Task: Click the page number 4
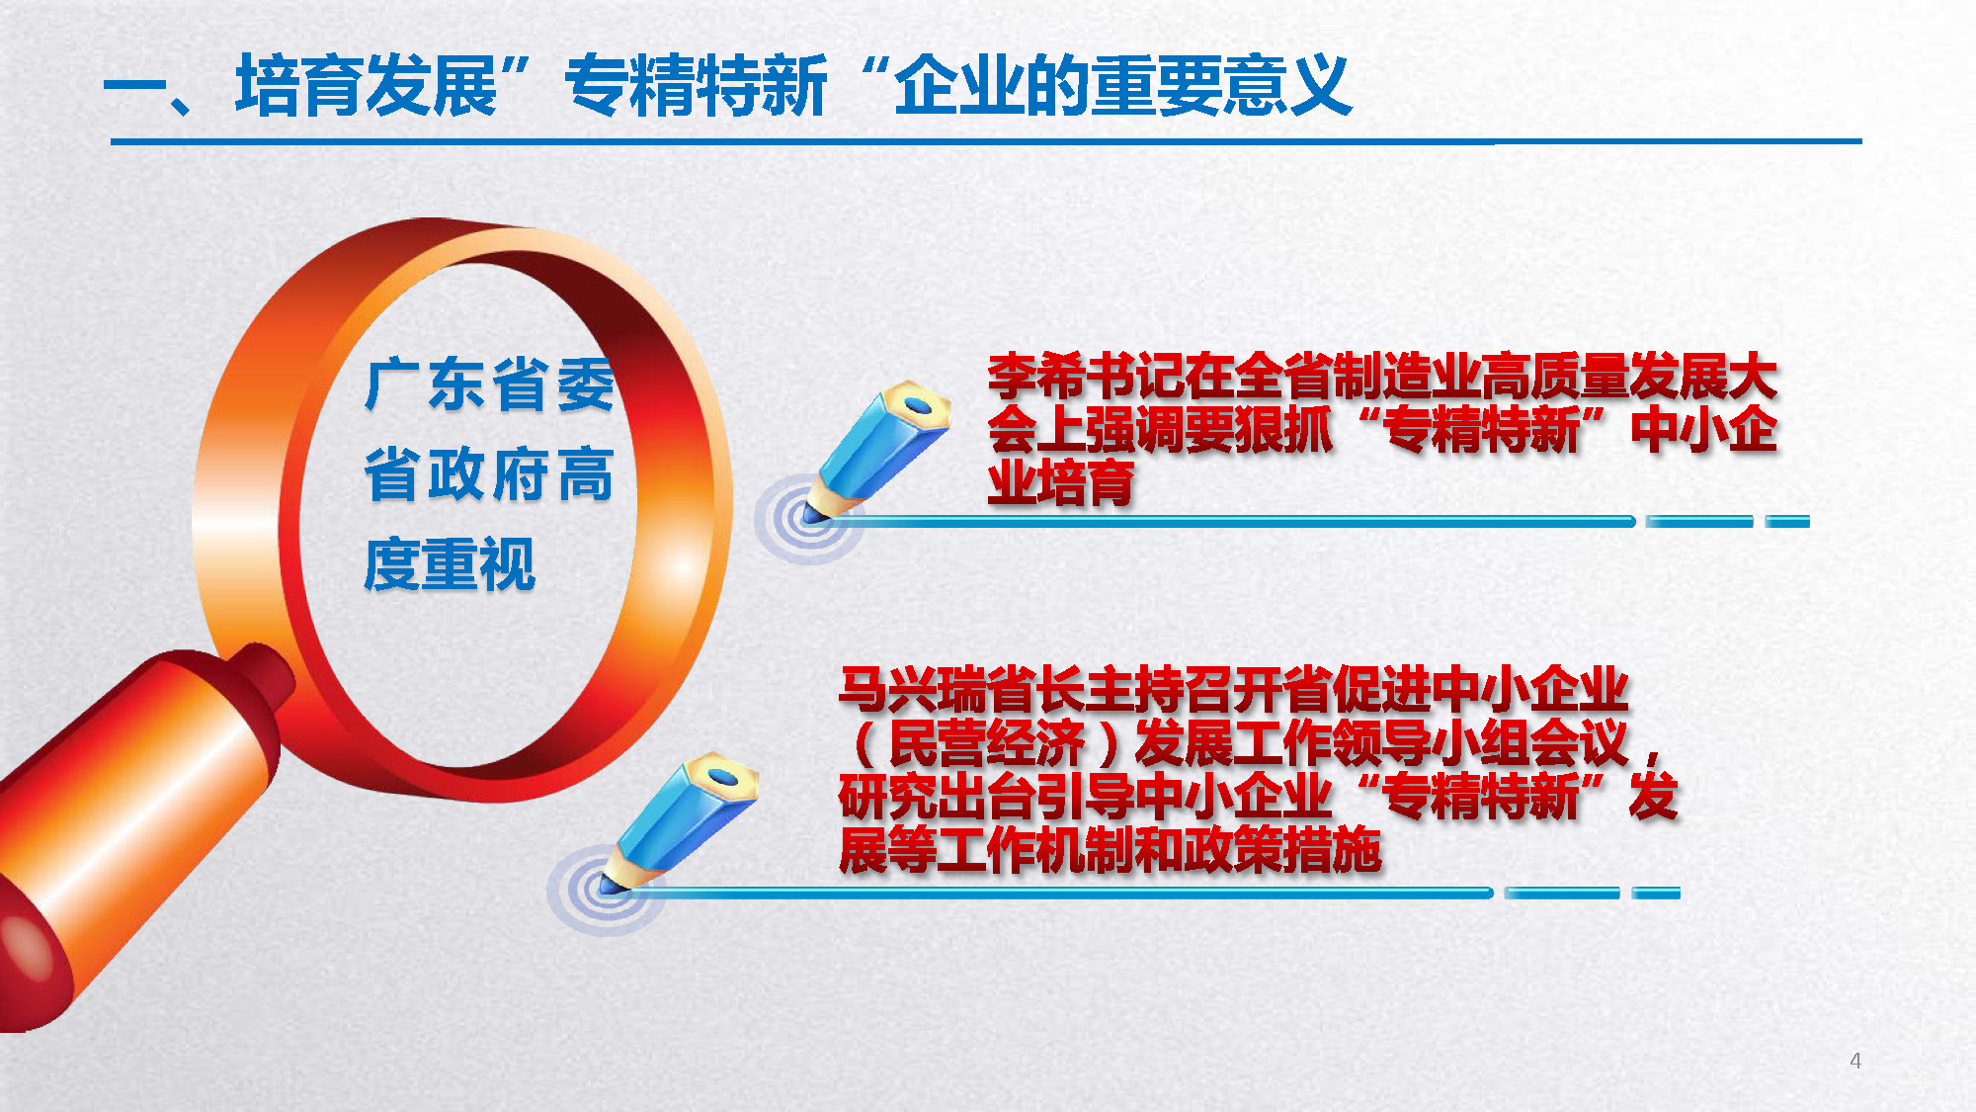pos(1855,1061)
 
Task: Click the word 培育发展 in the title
pos(367,86)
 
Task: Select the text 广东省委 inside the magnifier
pos(490,385)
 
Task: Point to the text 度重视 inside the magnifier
pos(450,564)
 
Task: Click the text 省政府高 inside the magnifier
pos(489,474)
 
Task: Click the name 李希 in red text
pos(1036,377)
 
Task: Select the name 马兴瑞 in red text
pos(912,690)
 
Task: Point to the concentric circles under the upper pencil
pos(808,519)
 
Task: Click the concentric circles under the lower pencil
pos(605,890)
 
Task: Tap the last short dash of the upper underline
pos(1787,521)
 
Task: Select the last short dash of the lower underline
pos(1656,894)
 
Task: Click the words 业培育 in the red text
pos(1061,482)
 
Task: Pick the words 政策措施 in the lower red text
pos(1282,850)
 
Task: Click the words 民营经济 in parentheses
pos(986,743)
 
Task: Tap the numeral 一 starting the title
pos(135,86)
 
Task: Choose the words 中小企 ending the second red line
pos(1704,429)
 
